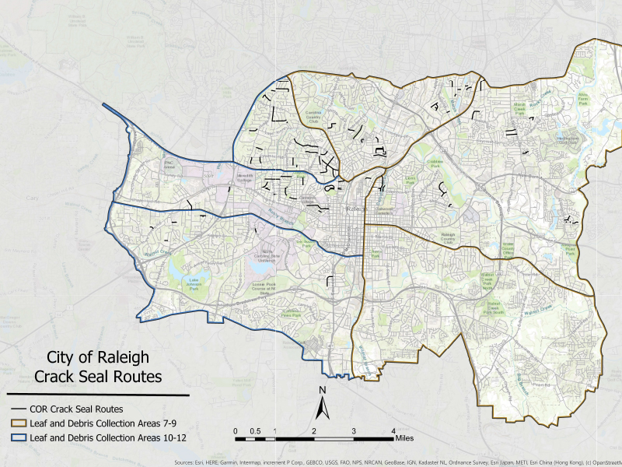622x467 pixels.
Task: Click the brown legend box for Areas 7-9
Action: (x=16, y=424)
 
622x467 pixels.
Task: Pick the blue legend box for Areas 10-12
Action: (x=16, y=439)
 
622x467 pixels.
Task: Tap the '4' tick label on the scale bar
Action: (x=393, y=430)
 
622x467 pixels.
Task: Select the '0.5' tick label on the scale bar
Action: (x=254, y=430)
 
